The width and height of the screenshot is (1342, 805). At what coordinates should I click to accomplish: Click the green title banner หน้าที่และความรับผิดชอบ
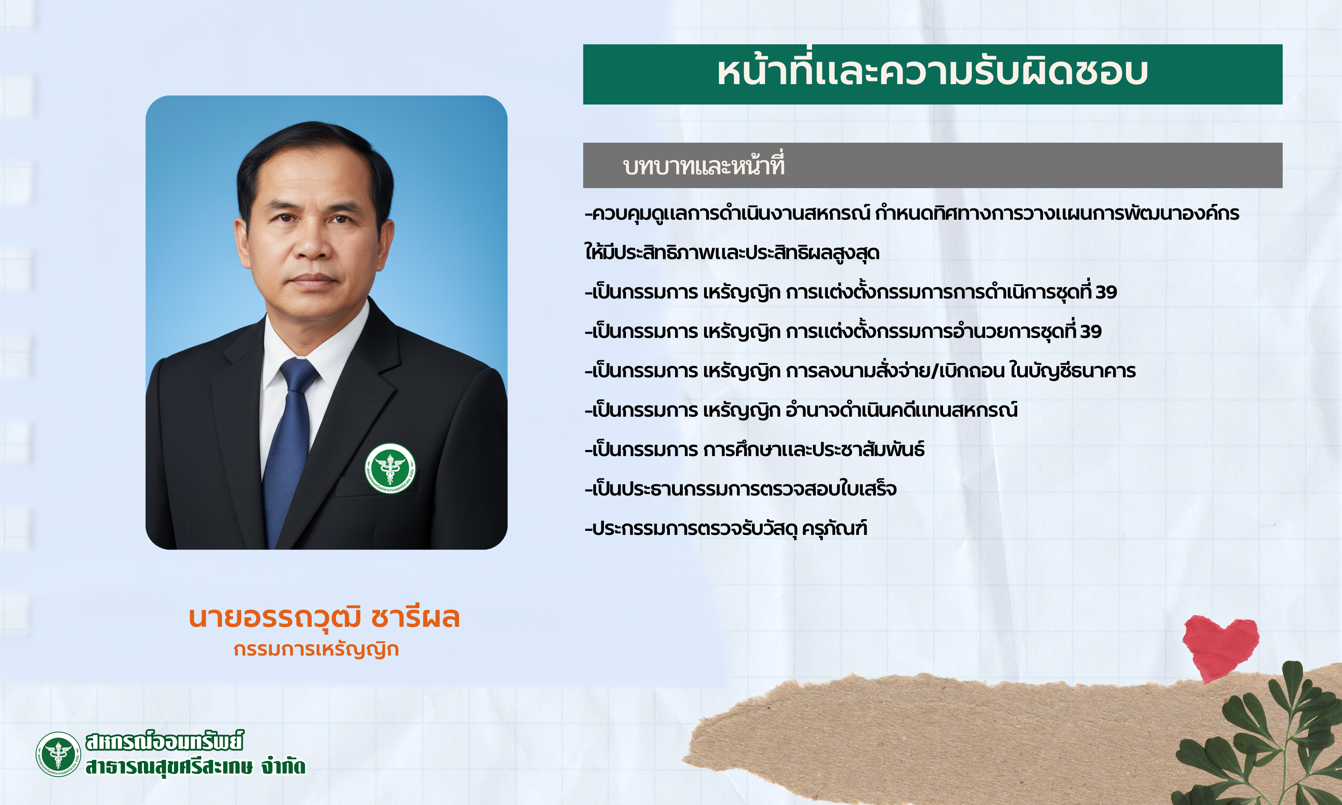click(x=932, y=74)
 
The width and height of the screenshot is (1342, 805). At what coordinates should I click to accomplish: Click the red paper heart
click(x=1221, y=647)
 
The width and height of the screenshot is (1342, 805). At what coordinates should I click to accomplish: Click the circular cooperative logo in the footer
click(x=58, y=754)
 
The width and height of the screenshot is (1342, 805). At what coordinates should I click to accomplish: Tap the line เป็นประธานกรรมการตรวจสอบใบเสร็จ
click(x=741, y=489)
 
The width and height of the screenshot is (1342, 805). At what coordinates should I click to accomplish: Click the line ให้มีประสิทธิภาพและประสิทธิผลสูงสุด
click(x=732, y=253)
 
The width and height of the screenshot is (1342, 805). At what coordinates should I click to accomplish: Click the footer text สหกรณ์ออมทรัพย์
click(x=165, y=741)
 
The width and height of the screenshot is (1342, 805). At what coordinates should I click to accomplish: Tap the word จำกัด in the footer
click(x=283, y=766)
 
